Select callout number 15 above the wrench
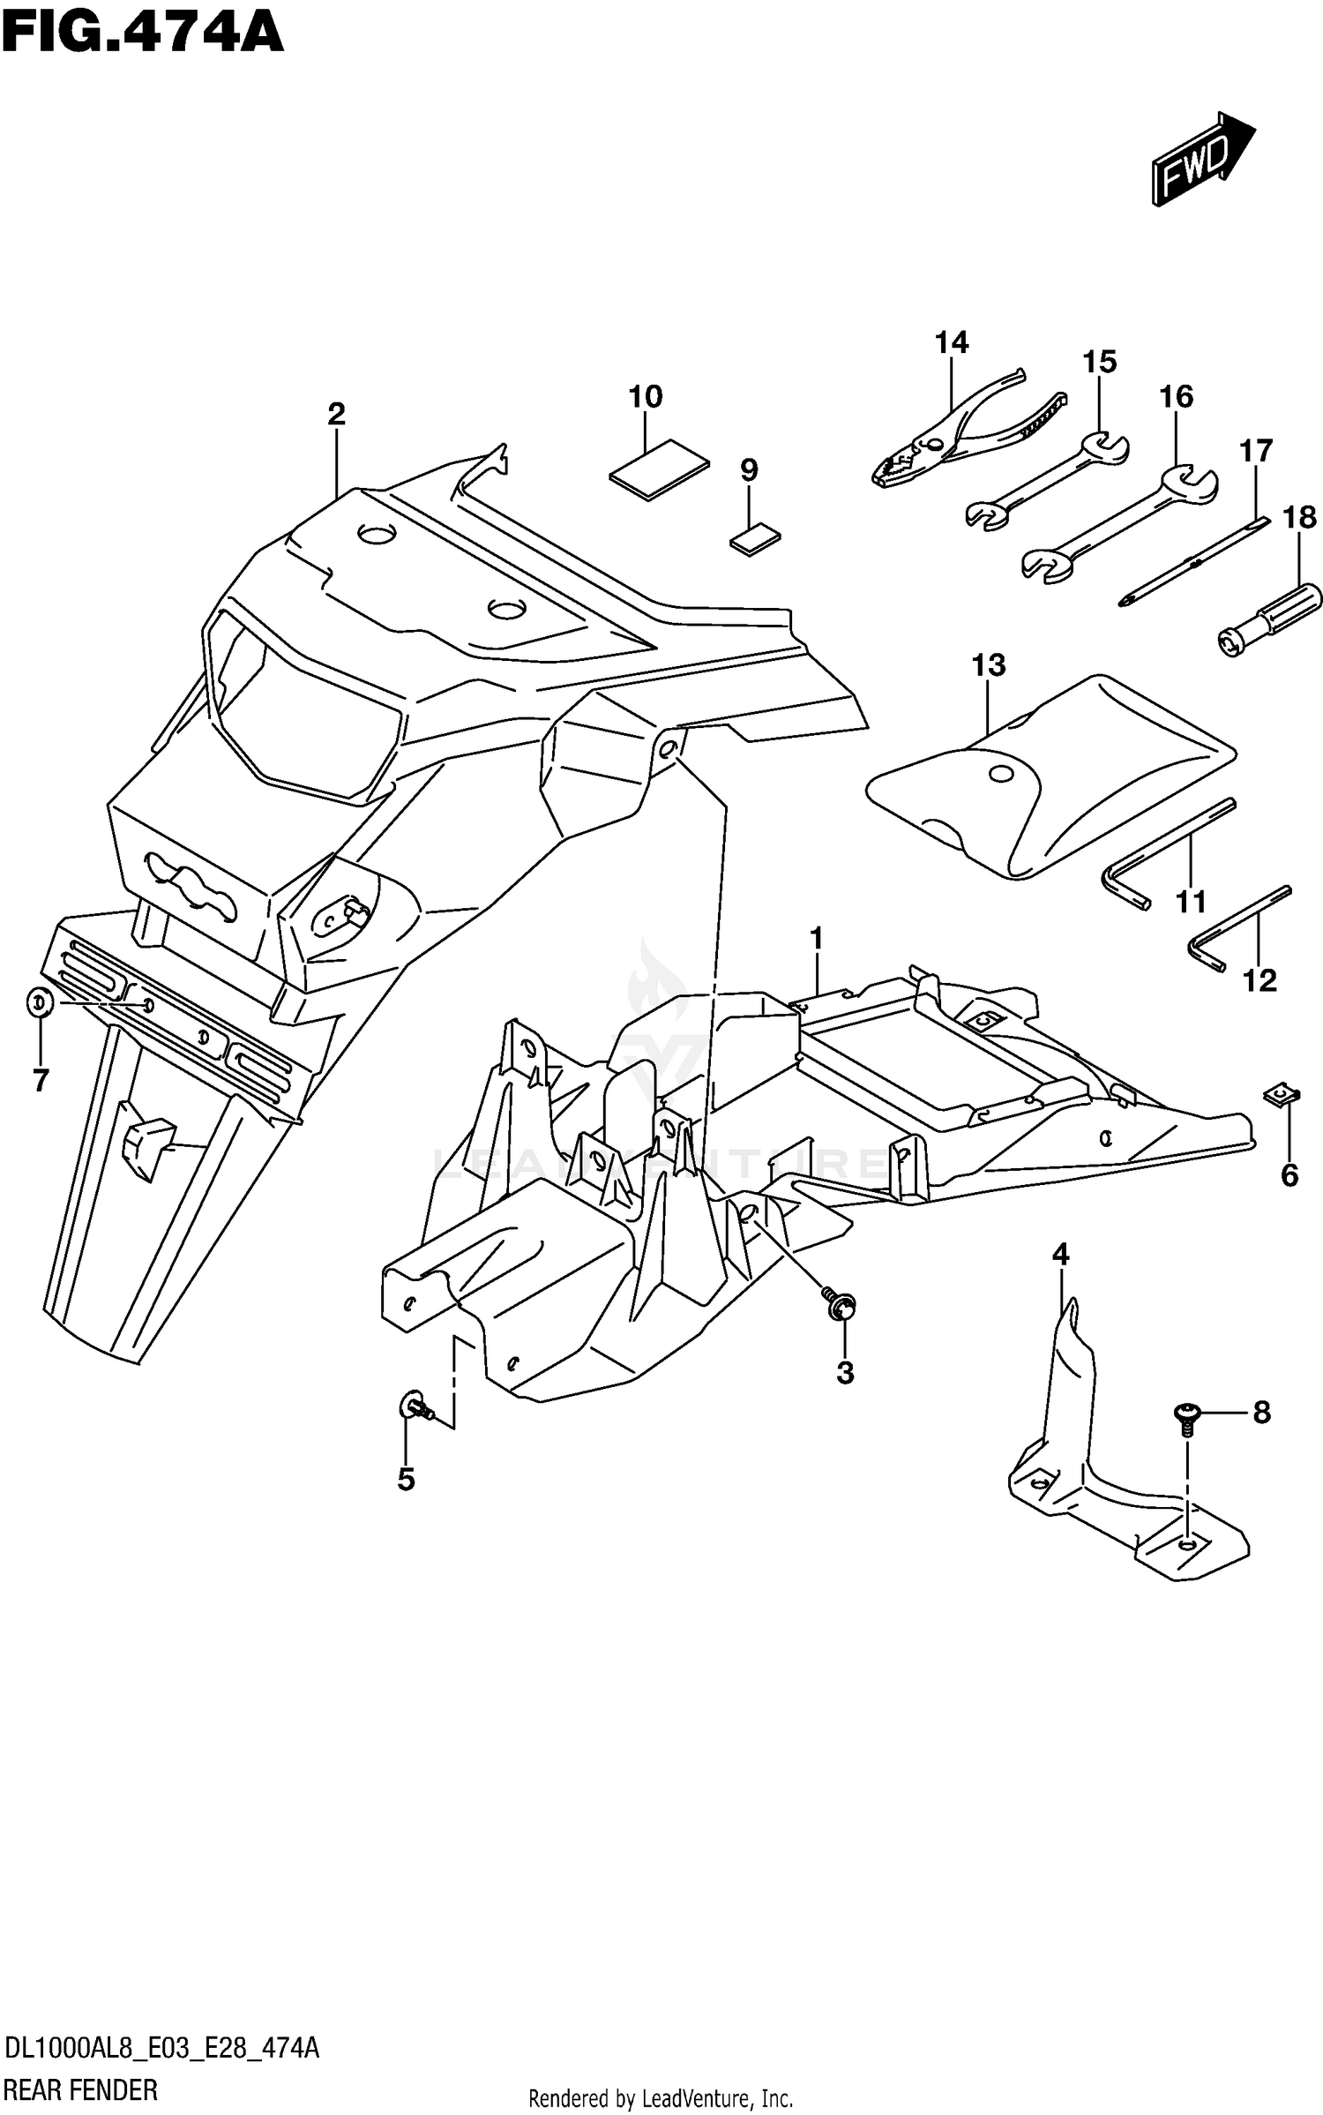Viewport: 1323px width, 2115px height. [1099, 362]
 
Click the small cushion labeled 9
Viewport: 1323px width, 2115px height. [757, 539]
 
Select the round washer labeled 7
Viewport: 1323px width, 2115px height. [40, 1002]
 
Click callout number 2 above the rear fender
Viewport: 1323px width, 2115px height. [336, 413]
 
